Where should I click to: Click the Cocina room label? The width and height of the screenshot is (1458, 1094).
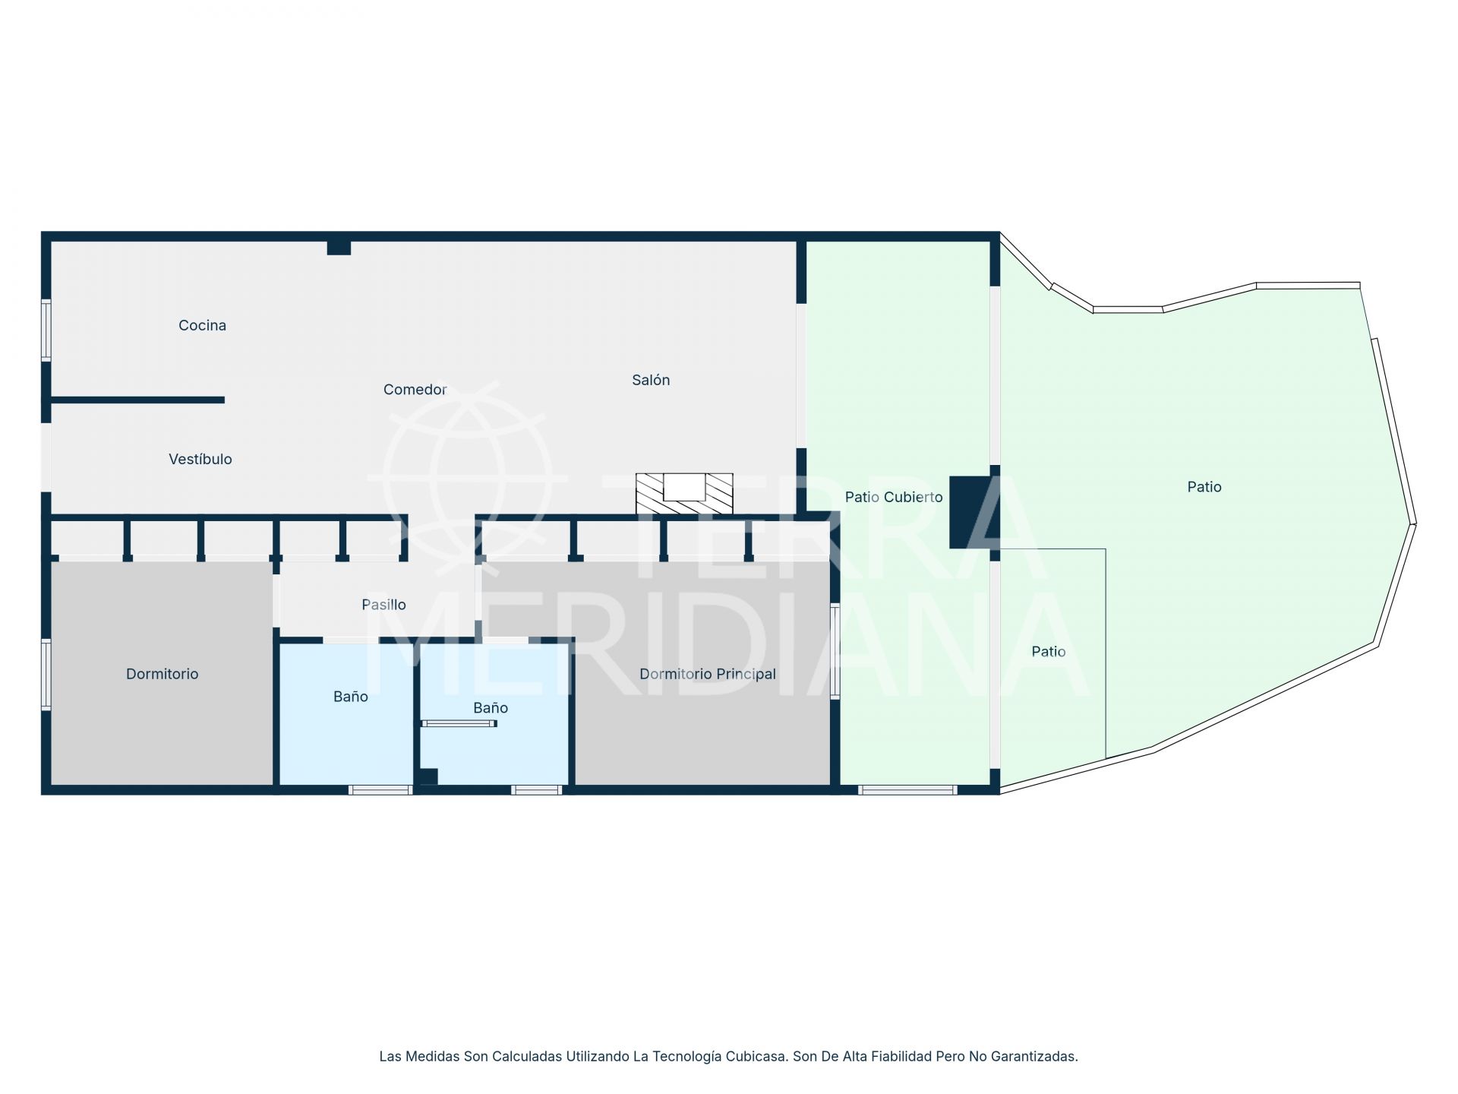click(x=202, y=325)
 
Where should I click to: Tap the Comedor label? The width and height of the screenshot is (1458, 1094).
click(x=415, y=390)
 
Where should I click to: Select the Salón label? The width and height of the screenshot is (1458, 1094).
click(x=651, y=380)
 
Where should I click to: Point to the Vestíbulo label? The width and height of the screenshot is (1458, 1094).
click(x=200, y=459)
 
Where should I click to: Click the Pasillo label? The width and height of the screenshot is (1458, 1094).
click(x=383, y=605)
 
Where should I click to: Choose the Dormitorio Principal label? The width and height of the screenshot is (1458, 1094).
click(x=707, y=674)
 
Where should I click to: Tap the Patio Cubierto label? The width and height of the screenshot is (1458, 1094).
click(x=894, y=497)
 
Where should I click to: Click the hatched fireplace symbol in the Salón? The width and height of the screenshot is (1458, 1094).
click(x=684, y=492)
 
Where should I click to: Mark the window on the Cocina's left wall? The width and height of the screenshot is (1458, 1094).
click(x=46, y=330)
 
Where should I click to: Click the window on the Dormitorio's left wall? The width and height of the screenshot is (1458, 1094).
click(x=46, y=674)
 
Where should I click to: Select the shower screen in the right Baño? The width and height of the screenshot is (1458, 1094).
click(x=459, y=723)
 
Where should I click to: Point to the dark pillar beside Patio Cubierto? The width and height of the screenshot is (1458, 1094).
click(x=970, y=512)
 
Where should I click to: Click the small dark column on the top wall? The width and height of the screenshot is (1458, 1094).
click(x=339, y=248)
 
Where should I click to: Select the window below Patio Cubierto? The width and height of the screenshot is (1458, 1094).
click(x=907, y=790)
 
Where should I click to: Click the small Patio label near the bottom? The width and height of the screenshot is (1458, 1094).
click(x=1048, y=652)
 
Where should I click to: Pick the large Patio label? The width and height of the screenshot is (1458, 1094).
click(x=1204, y=487)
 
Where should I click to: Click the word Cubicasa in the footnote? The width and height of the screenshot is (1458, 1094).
click(x=756, y=1056)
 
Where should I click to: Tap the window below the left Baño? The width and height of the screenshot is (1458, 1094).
click(x=380, y=790)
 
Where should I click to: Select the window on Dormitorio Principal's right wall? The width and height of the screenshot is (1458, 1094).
click(x=835, y=650)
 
